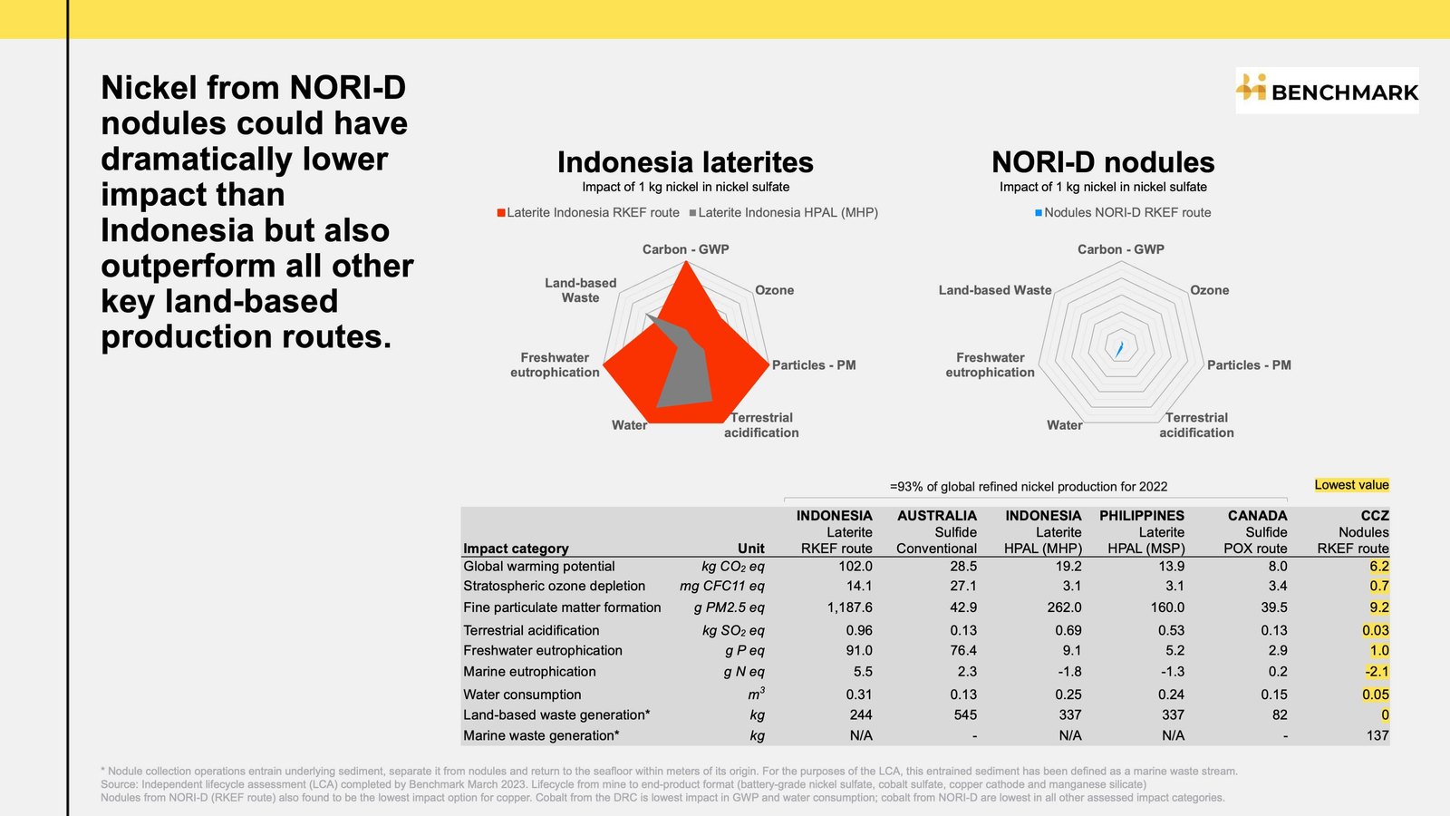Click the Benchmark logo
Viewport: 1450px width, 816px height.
click(1327, 90)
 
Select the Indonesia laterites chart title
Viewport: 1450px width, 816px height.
click(685, 162)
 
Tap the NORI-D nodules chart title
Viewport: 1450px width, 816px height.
click(1103, 162)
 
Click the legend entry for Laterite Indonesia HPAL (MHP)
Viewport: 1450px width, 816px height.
click(784, 212)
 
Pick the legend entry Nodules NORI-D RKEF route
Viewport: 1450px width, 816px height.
click(1123, 212)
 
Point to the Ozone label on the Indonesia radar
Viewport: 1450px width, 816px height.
click(774, 290)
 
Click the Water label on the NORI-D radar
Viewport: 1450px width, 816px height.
click(1064, 425)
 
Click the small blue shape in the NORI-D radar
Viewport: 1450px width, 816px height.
click(1118, 349)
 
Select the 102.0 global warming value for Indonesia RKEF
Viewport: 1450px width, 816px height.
click(855, 566)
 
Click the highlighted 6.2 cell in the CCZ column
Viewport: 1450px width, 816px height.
click(1378, 566)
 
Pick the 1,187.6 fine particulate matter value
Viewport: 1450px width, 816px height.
click(849, 607)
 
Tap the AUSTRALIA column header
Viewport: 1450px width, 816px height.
click(937, 516)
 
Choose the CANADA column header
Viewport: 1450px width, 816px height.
click(1257, 516)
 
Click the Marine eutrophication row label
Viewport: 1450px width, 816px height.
click(529, 672)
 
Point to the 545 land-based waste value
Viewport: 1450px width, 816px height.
click(964, 715)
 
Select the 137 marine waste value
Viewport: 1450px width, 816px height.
click(1377, 735)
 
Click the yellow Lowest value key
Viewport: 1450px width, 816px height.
click(1351, 485)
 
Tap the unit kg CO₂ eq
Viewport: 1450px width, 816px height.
click(733, 567)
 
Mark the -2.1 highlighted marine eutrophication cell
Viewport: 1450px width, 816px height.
click(1377, 672)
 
